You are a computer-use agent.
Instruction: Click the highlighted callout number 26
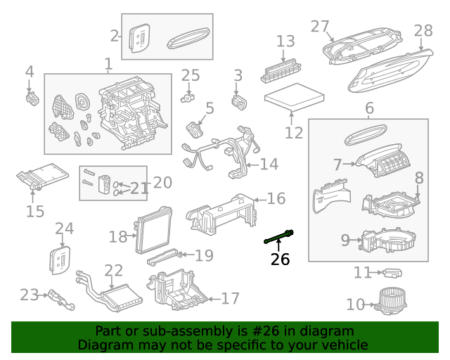point(280,260)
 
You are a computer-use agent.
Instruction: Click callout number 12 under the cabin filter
point(294,132)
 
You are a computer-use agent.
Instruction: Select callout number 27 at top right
point(320,27)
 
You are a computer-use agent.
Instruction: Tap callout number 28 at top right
point(423,31)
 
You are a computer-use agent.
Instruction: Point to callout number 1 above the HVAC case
point(108,65)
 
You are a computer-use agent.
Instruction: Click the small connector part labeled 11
point(393,272)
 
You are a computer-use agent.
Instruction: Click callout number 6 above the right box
point(369,108)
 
